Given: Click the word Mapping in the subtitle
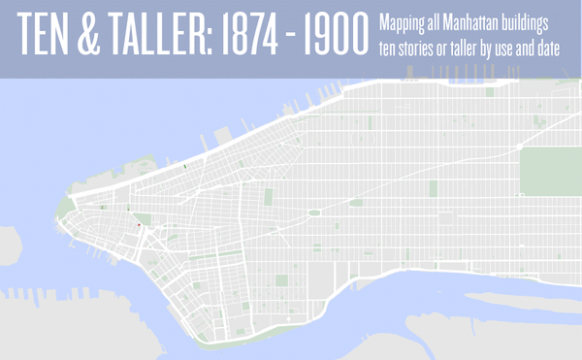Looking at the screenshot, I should [402, 20].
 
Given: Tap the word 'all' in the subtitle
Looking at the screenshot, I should [436, 20].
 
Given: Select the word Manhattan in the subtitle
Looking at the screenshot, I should [479, 20].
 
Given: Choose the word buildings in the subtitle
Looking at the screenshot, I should [540, 21].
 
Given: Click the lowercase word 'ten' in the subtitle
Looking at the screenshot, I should [389, 49].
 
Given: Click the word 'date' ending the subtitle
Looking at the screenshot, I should [560, 49].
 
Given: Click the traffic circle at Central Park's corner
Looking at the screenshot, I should [315, 212].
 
